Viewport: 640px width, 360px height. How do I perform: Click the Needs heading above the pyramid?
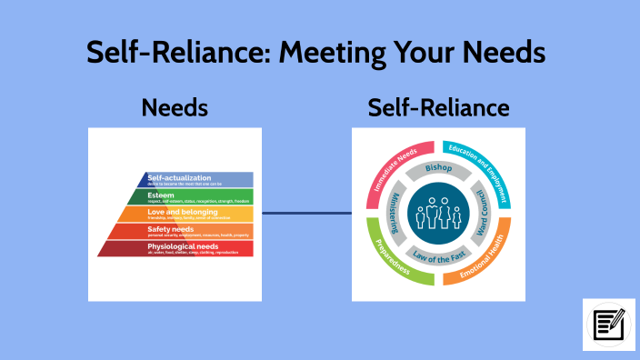175,109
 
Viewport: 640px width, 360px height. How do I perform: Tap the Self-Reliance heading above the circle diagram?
438,109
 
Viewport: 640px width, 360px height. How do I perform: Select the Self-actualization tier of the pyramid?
196,179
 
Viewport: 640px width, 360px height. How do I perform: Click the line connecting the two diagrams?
306,215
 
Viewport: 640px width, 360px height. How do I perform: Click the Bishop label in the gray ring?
438,169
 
